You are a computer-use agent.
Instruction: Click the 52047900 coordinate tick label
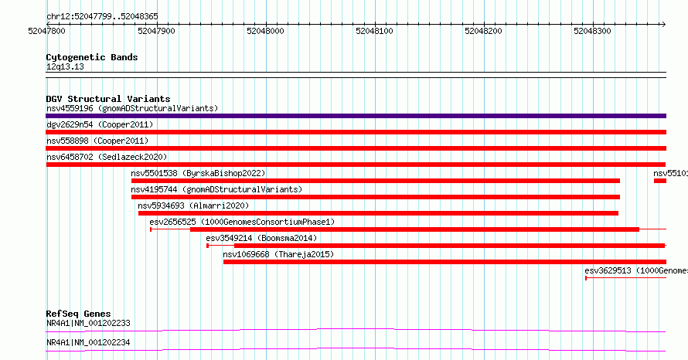click(x=156, y=31)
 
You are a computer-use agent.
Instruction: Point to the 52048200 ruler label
click(x=483, y=31)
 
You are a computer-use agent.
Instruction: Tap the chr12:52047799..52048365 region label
click(x=102, y=17)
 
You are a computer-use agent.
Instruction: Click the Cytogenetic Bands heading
click(x=92, y=57)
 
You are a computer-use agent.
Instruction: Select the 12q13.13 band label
click(x=65, y=66)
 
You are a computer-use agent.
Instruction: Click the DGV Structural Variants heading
click(x=108, y=99)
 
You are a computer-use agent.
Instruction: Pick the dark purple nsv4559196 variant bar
click(x=356, y=116)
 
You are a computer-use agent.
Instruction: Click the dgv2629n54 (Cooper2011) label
click(x=100, y=124)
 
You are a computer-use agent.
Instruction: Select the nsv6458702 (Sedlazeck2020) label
click(x=107, y=157)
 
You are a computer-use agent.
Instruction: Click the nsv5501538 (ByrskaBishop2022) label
click(x=198, y=173)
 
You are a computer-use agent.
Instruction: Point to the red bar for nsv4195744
click(x=376, y=197)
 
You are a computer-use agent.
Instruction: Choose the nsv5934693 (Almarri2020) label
click(x=193, y=205)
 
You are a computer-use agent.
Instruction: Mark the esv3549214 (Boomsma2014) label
click(x=261, y=238)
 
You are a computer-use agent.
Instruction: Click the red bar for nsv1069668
click(x=445, y=262)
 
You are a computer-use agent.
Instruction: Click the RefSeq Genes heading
click(x=78, y=314)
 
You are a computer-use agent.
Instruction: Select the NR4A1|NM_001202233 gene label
click(x=88, y=323)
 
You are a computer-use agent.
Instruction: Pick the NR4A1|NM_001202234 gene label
click(x=88, y=342)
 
